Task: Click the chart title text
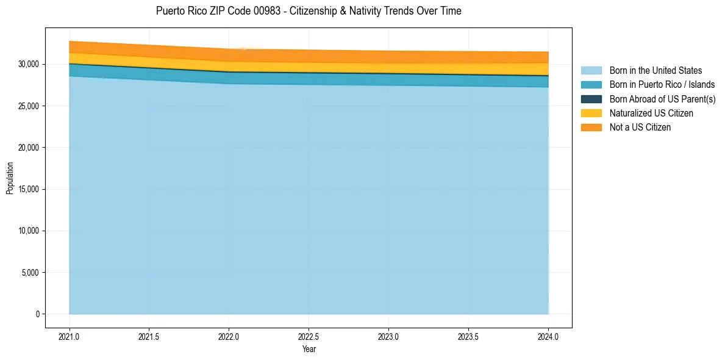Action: (309, 11)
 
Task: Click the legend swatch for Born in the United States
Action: (591, 70)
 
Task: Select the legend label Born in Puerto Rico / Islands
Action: (662, 84)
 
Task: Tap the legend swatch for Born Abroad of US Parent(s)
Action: (591, 99)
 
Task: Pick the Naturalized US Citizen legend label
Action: (651, 113)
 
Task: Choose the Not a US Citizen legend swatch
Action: (591, 127)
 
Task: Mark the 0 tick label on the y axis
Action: (37, 314)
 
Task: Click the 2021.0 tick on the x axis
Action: (70, 336)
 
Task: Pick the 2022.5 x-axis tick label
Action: (309, 336)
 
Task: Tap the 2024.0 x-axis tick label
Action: (548, 336)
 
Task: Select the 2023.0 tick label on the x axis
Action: (388, 336)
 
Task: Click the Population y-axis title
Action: (10, 178)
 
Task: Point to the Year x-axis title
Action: (309, 349)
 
